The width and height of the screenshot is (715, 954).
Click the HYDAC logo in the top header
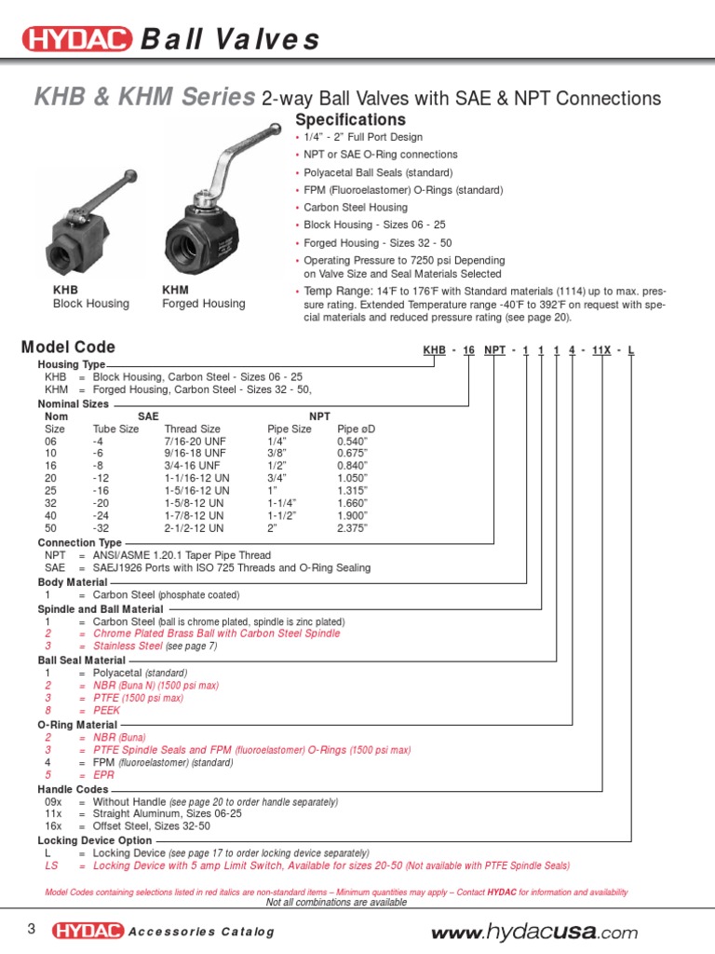[x=76, y=40]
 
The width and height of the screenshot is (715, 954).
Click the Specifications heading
[x=350, y=120]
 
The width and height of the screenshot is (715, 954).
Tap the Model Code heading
[x=68, y=348]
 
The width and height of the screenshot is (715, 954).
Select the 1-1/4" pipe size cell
[x=283, y=502]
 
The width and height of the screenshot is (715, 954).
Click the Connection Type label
[x=79, y=542]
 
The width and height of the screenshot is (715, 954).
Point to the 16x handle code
[x=53, y=825]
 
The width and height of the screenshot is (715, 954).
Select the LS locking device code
[x=51, y=865]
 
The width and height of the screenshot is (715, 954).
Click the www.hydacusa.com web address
[x=535, y=933]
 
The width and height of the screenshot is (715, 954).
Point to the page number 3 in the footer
[x=31, y=929]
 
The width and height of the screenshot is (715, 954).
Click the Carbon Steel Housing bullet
[x=356, y=207]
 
